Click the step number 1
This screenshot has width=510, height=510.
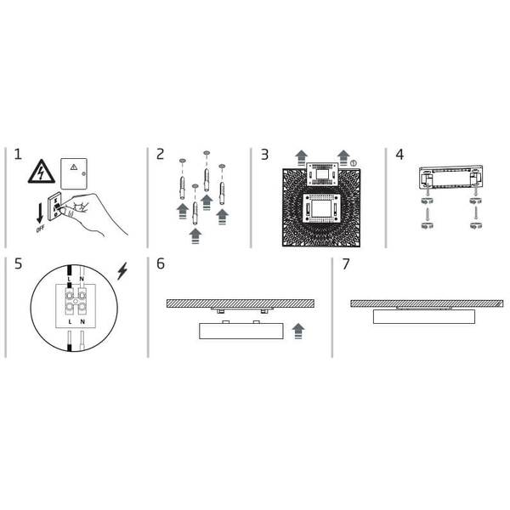click(18, 156)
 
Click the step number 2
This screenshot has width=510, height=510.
click(161, 156)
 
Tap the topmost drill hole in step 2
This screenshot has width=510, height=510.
click(206, 154)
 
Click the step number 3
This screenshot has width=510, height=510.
click(264, 156)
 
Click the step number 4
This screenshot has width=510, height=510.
click(399, 156)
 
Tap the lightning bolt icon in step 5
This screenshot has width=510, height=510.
click(124, 271)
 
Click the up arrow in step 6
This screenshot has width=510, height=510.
click(297, 330)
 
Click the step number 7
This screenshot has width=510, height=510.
click(346, 264)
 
